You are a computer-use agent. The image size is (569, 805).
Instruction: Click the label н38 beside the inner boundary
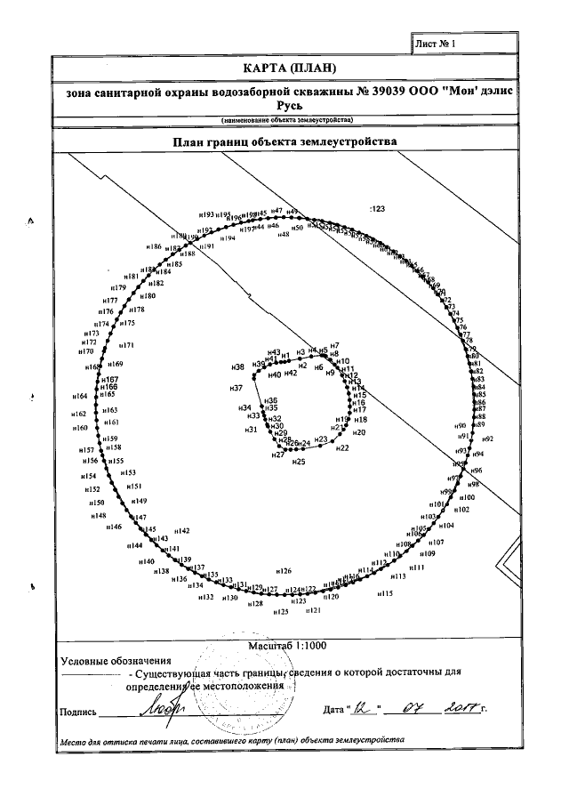[237, 367]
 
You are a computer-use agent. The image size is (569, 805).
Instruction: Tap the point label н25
[298, 462]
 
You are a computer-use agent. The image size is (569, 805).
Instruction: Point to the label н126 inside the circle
[284, 571]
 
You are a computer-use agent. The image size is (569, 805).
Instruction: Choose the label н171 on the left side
[126, 346]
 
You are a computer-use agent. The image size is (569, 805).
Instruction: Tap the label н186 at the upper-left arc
[153, 246]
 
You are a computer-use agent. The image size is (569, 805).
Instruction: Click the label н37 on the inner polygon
[236, 390]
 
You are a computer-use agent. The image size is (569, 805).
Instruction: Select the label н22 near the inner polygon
[341, 449]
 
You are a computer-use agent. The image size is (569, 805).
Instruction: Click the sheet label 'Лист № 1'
[437, 42]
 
